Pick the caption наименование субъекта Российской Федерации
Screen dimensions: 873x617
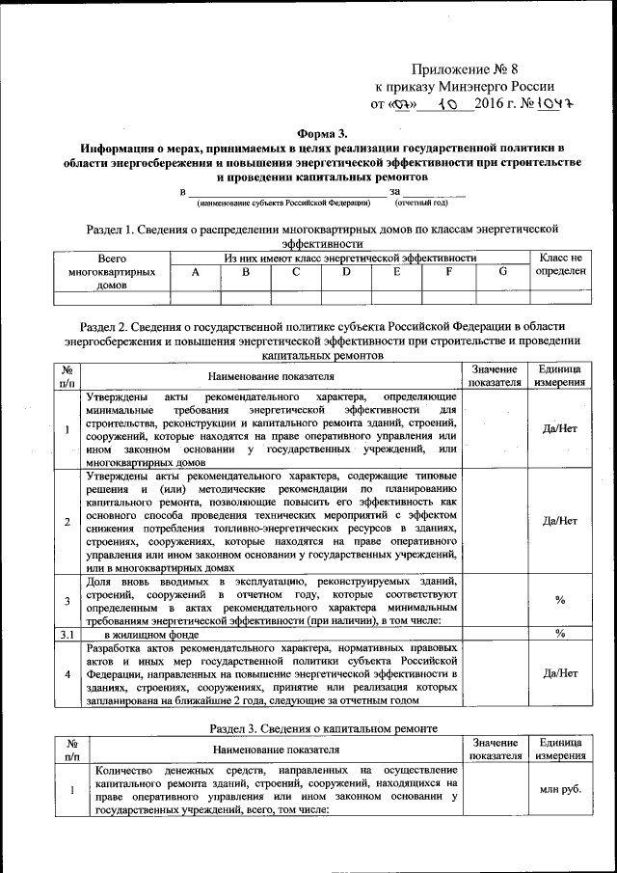point(283,204)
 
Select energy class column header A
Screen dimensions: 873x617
point(196,273)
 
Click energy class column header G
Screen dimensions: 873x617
point(502,273)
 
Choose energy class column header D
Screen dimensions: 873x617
point(346,273)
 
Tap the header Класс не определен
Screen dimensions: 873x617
point(560,265)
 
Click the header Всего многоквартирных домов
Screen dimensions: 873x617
point(113,273)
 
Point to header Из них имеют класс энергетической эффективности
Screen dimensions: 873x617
point(351,259)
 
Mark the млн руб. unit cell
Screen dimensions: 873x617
point(560,789)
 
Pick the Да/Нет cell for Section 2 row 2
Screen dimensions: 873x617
point(560,521)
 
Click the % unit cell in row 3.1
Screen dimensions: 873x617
point(560,634)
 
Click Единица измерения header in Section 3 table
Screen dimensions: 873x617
point(560,749)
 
